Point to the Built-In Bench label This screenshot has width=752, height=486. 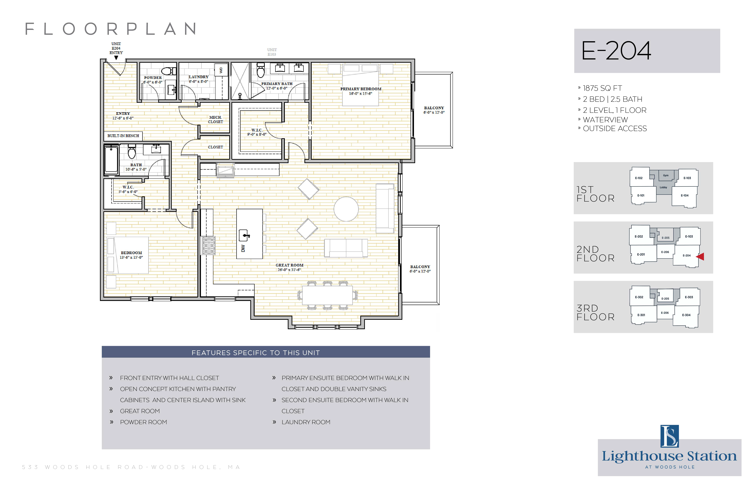(123, 136)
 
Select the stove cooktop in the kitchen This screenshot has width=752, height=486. (209, 246)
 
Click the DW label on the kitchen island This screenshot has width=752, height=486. (243, 248)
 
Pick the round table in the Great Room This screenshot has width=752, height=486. (346, 209)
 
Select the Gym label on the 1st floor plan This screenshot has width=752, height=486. (666, 175)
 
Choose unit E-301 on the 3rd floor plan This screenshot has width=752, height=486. (641, 315)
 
